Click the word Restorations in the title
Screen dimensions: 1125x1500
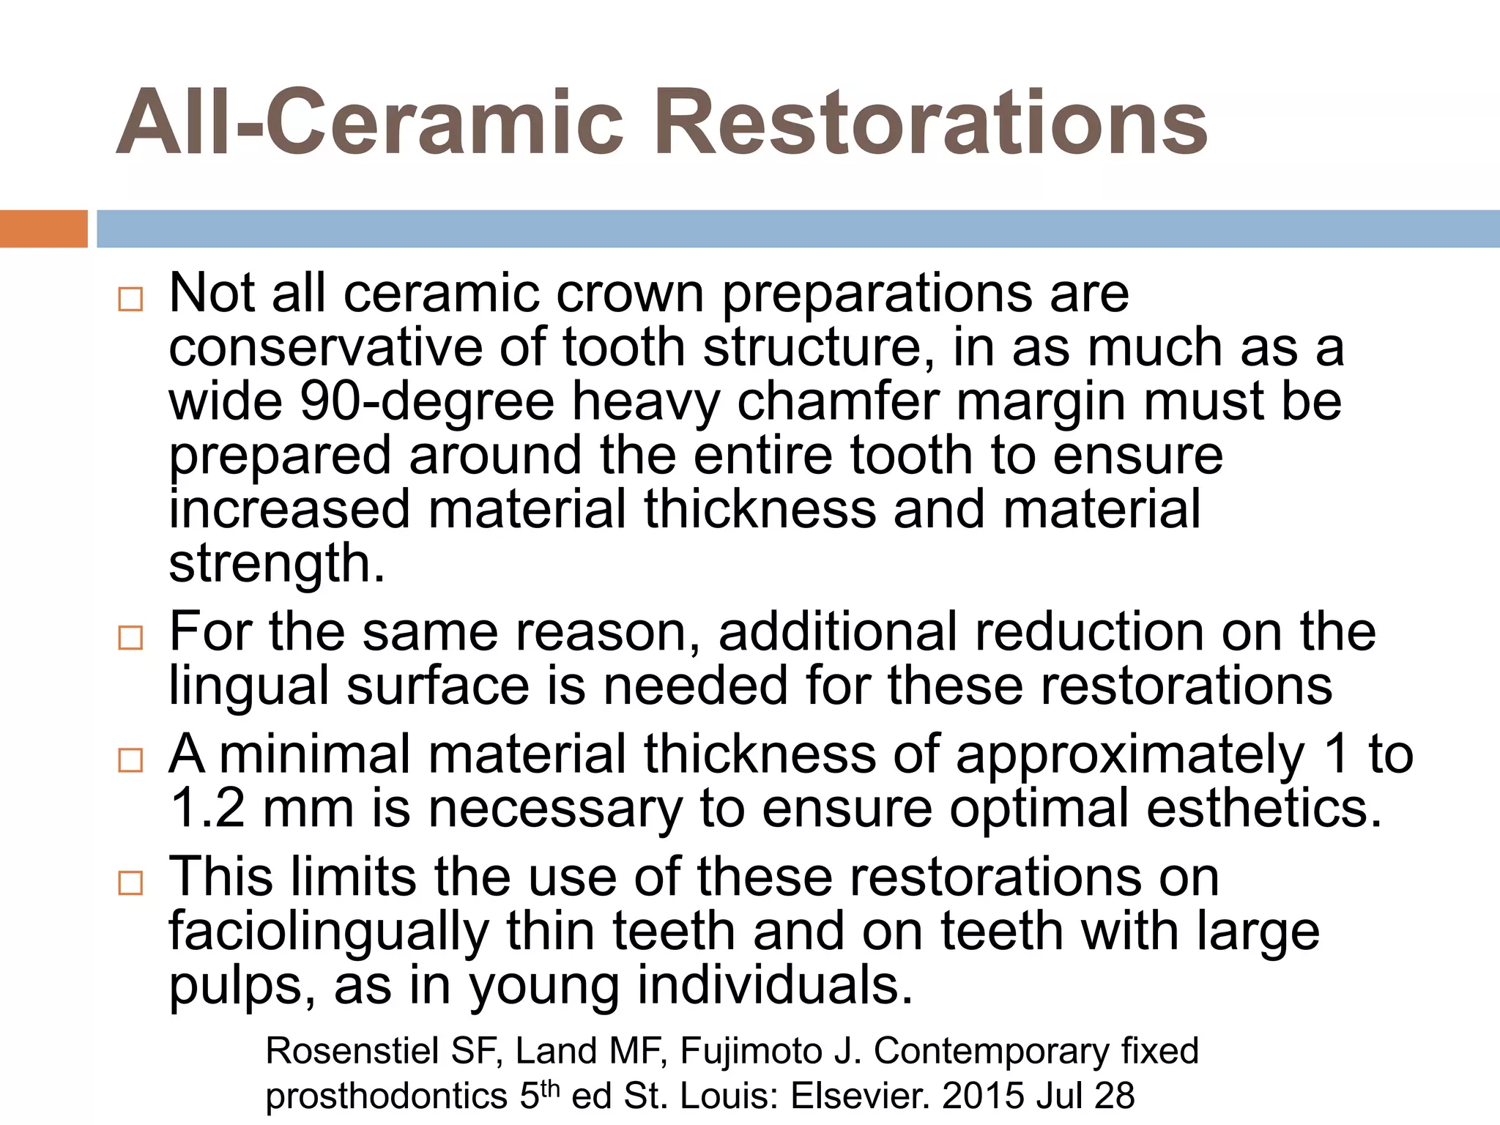[930, 123]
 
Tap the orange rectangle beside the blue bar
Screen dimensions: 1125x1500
[43, 229]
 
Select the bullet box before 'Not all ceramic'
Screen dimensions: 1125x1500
[130, 299]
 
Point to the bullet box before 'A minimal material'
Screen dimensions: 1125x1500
[130, 760]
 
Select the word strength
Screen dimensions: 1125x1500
[276, 564]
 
